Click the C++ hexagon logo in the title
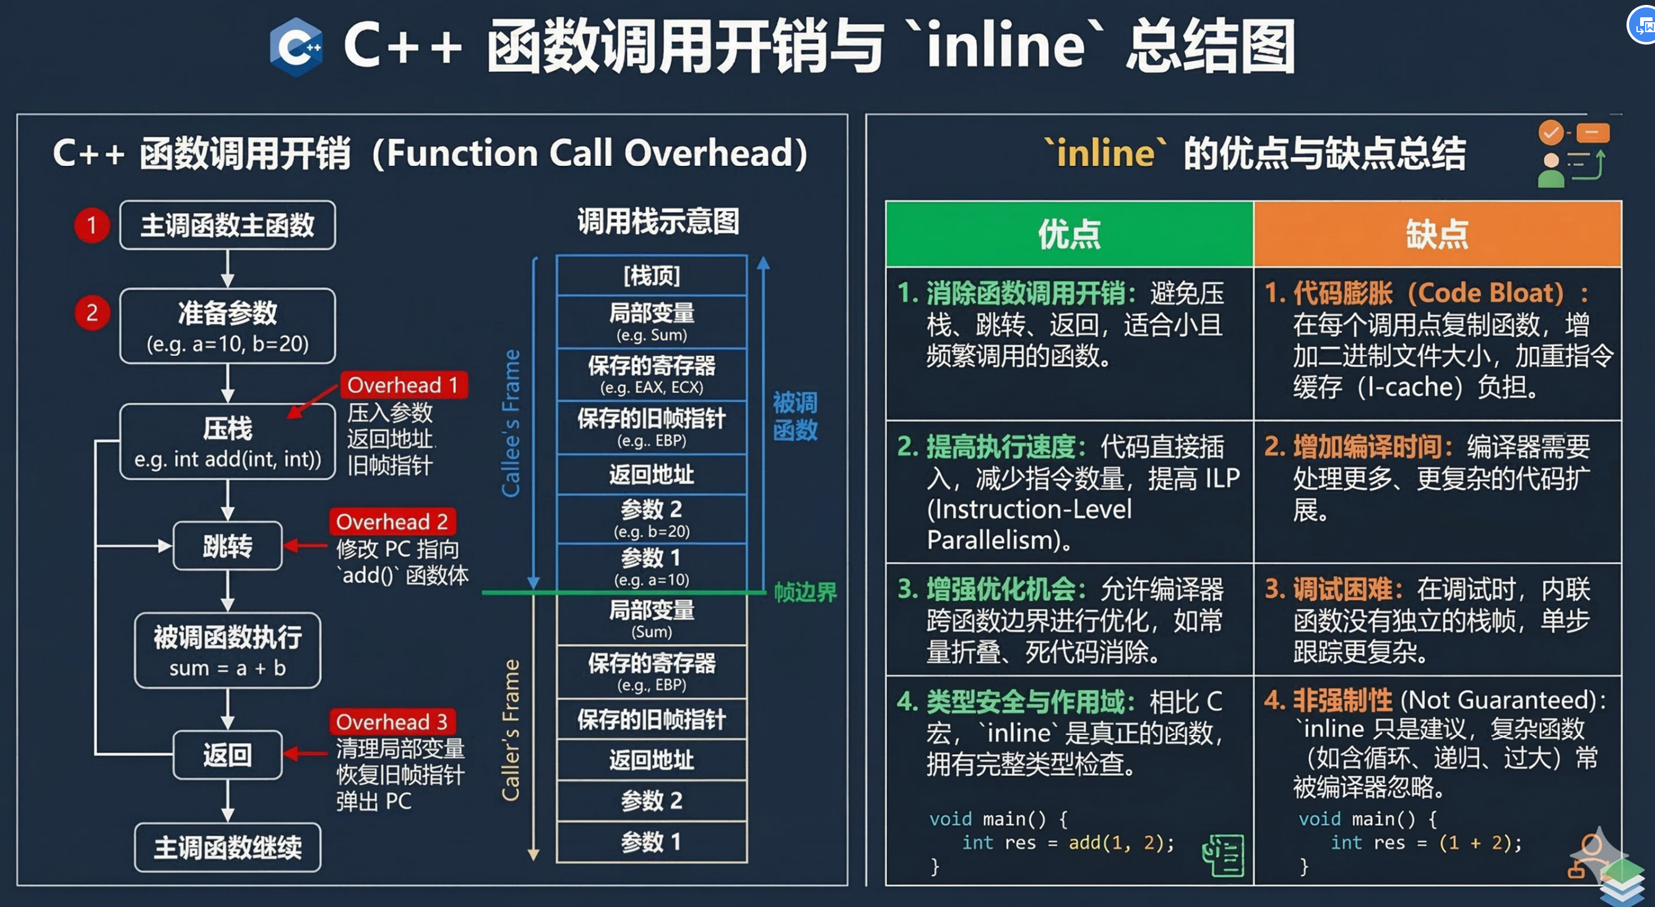point(296,47)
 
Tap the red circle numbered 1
point(92,225)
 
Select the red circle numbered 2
point(92,313)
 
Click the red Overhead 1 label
point(403,385)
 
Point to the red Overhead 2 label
point(392,522)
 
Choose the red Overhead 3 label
point(392,722)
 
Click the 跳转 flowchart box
point(227,546)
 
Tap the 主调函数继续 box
point(227,848)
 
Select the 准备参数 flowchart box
point(227,325)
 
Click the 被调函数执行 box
point(227,651)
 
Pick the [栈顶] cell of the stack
point(652,275)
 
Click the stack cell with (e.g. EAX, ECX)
point(652,375)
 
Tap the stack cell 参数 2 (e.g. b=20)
point(652,518)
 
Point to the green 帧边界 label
point(805,592)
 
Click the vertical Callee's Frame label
point(511,423)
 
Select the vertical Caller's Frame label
point(511,730)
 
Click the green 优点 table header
point(1069,234)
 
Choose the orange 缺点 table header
point(1437,234)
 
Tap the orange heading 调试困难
point(1341,589)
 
